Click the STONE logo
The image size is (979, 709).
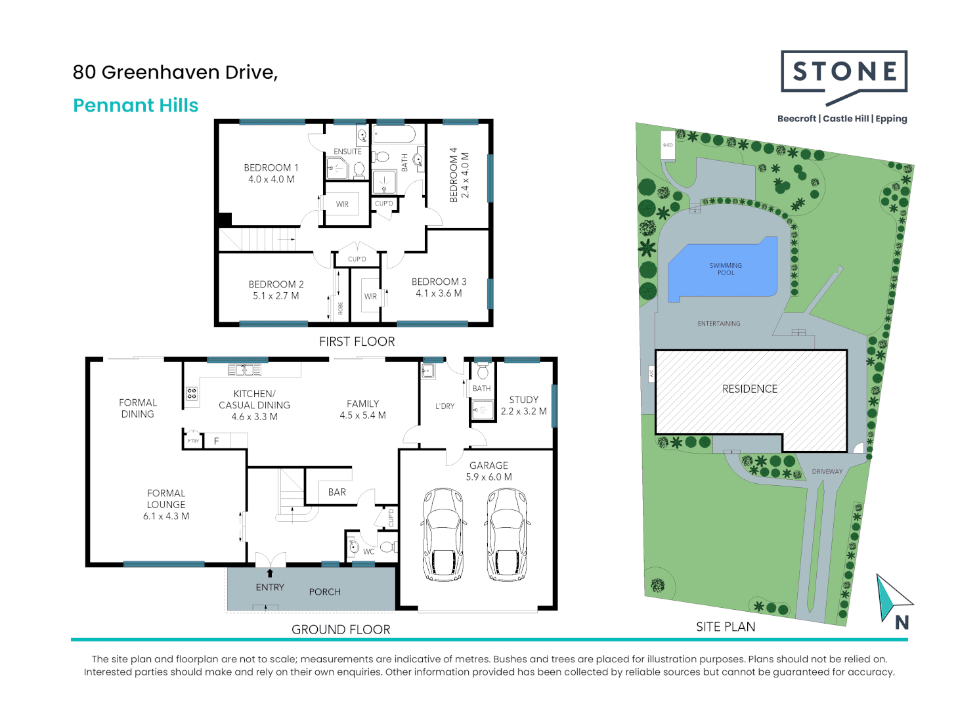pyautogui.click(x=844, y=72)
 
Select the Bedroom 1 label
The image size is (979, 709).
pyautogui.click(x=271, y=173)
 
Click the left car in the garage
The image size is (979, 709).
pyautogui.click(x=445, y=534)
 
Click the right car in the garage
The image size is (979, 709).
pyautogui.click(x=508, y=534)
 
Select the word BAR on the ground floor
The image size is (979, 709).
pyautogui.click(x=337, y=492)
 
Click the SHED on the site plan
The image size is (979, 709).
pyautogui.click(x=668, y=144)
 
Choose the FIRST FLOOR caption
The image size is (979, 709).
pyautogui.click(x=357, y=341)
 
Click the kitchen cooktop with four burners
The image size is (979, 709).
pyautogui.click(x=192, y=394)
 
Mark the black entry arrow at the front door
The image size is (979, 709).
pyautogui.click(x=270, y=573)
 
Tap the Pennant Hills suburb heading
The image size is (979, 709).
pyautogui.click(x=135, y=105)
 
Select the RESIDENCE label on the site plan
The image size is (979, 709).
pyautogui.click(x=749, y=389)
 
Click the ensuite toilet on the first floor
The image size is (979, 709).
pyautogui.click(x=359, y=170)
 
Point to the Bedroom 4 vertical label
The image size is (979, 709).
pyautogui.click(x=458, y=175)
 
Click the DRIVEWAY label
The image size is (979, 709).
pyautogui.click(x=827, y=471)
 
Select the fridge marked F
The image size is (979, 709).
pyautogui.click(x=216, y=441)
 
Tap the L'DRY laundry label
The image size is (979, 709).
pyautogui.click(x=445, y=406)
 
